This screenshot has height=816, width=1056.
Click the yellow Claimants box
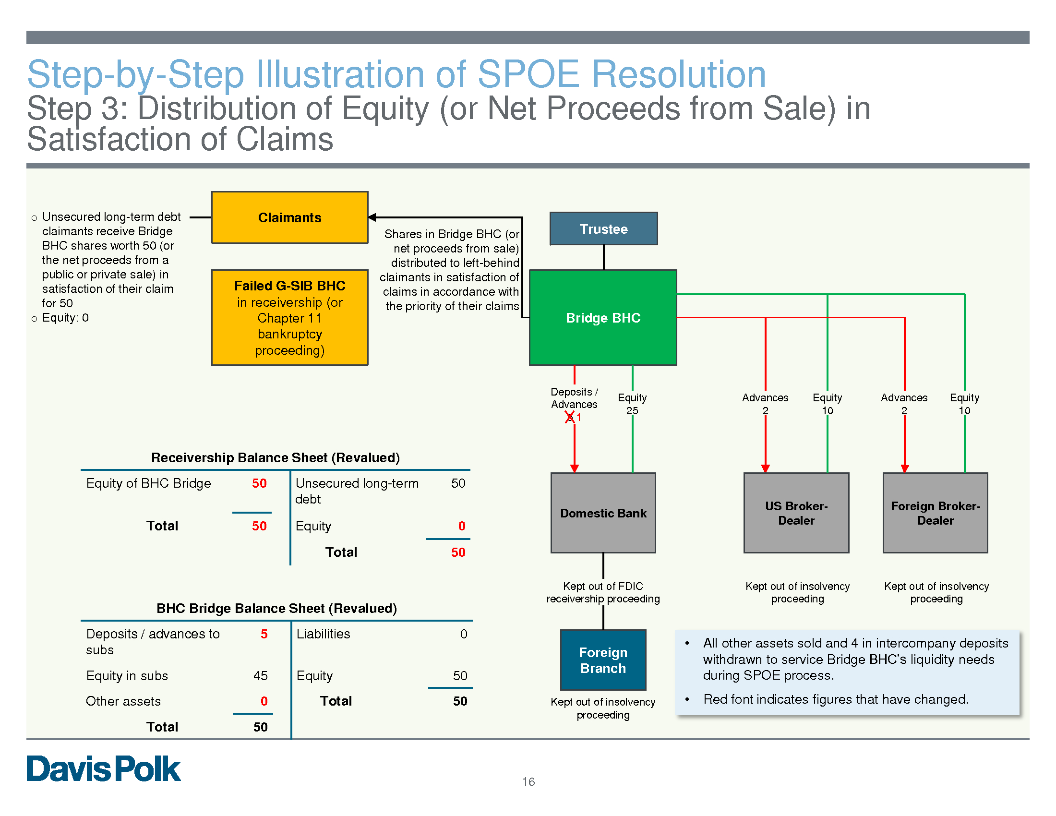coord(289,217)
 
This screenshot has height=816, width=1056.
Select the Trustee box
coord(603,228)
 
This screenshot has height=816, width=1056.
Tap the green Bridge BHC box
coord(603,318)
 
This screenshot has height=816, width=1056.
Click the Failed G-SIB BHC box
coord(289,318)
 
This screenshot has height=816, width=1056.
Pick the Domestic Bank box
coord(603,513)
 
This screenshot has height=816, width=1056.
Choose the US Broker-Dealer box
coord(796,513)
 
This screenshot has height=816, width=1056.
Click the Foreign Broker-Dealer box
coord(935,513)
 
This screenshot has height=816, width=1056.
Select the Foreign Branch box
coord(603,660)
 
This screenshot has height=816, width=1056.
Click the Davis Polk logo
coord(104,768)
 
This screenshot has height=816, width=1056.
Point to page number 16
coord(528,781)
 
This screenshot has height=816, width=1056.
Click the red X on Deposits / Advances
coord(570,417)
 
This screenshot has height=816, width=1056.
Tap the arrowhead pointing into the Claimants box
coord(372,217)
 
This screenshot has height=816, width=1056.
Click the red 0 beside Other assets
coord(264,701)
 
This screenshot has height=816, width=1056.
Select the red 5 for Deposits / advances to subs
coord(264,634)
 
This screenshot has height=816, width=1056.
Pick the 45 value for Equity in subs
coord(260,675)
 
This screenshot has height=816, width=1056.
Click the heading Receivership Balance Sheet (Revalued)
coord(276,457)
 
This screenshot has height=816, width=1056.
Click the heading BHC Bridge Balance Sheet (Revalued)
coord(276,608)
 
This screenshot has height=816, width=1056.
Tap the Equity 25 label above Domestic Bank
coord(632,404)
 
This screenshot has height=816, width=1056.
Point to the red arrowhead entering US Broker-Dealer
coord(766,468)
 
